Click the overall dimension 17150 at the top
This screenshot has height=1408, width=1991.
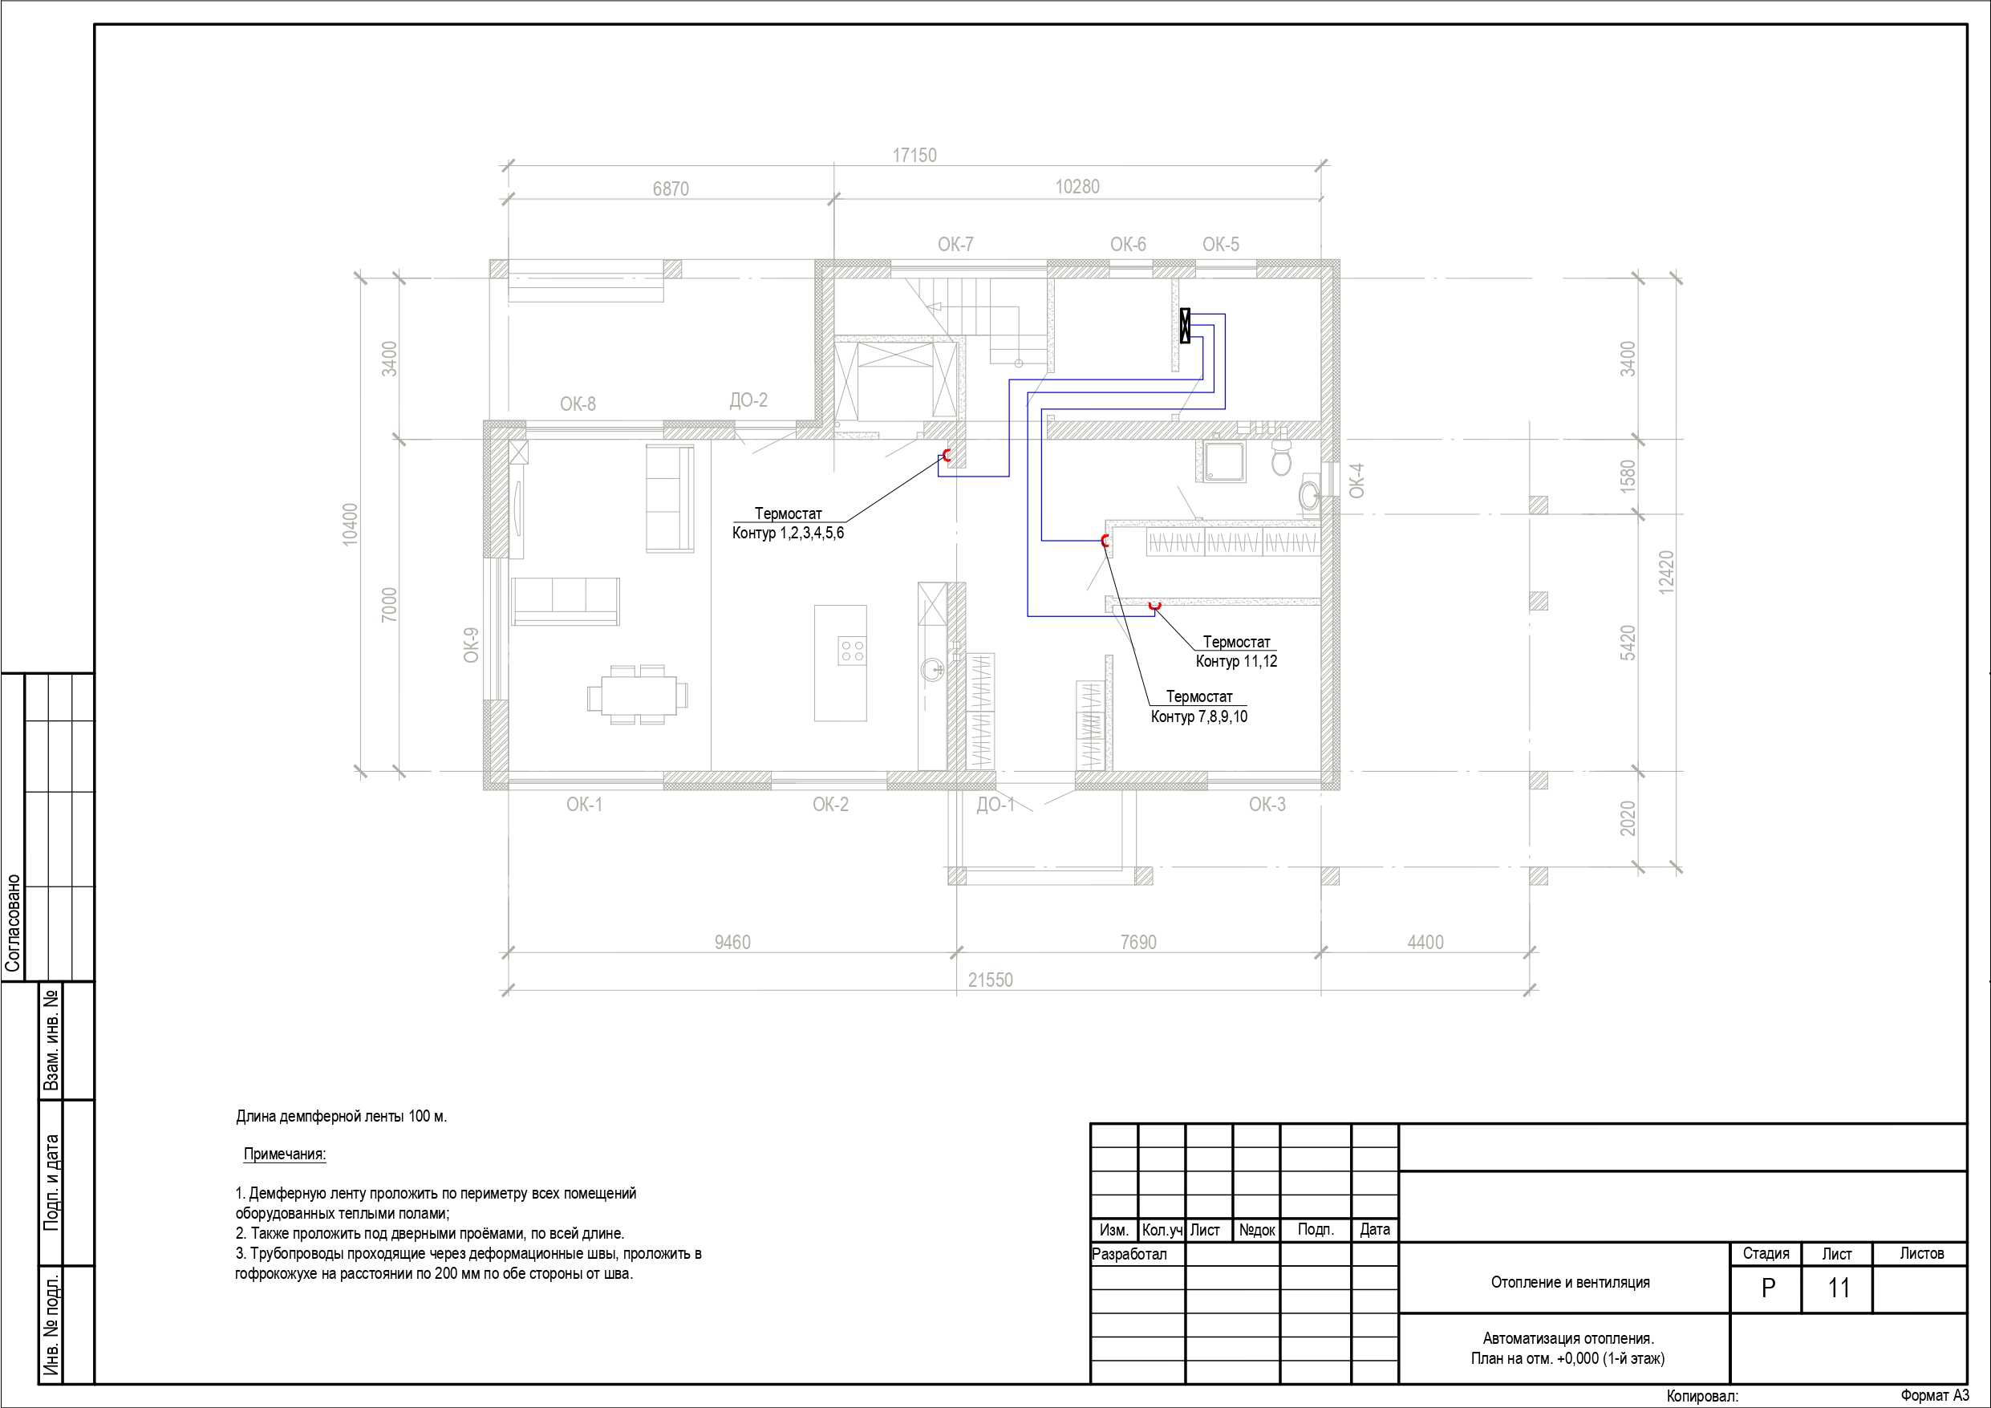pyautogui.click(x=914, y=156)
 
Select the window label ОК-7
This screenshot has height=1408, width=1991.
pyautogui.click(x=955, y=245)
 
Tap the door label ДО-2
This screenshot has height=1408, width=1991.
pyautogui.click(x=748, y=400)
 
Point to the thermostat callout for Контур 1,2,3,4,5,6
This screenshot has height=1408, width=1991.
pyautogui.click(x=788, y=523)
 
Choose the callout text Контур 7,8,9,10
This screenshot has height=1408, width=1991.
pyautogui.click(x=1199, y=716)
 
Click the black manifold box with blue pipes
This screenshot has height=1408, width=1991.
pyautogui.click(x=1186, y=325)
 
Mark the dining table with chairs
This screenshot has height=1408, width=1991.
pyautogui.click(x=638, y=695)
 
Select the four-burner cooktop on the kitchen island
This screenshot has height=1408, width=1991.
pyautogui.click(x=852, y=651)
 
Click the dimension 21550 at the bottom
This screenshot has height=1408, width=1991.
pyautogui.click(x=991, y=980)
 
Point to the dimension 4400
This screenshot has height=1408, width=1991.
pyautogui.click(x=1425, y=942)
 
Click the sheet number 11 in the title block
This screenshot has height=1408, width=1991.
pyautogui.click(x=1839, y=1288)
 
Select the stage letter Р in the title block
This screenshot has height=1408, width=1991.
pyautogui.click(x=1768, y=1288)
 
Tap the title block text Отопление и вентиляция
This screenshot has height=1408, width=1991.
pyautogui.click(x=1571, y=1282)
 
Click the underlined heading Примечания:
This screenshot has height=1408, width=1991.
pyautogui.click(x=285, y=1154)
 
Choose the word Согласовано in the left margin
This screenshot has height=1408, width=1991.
pyautogui.click(x=13, y=923)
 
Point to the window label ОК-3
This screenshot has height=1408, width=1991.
pyautogui.click(x=1267, y=804)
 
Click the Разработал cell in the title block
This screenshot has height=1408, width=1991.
pyautogui.click(x=1129, y=1255)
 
